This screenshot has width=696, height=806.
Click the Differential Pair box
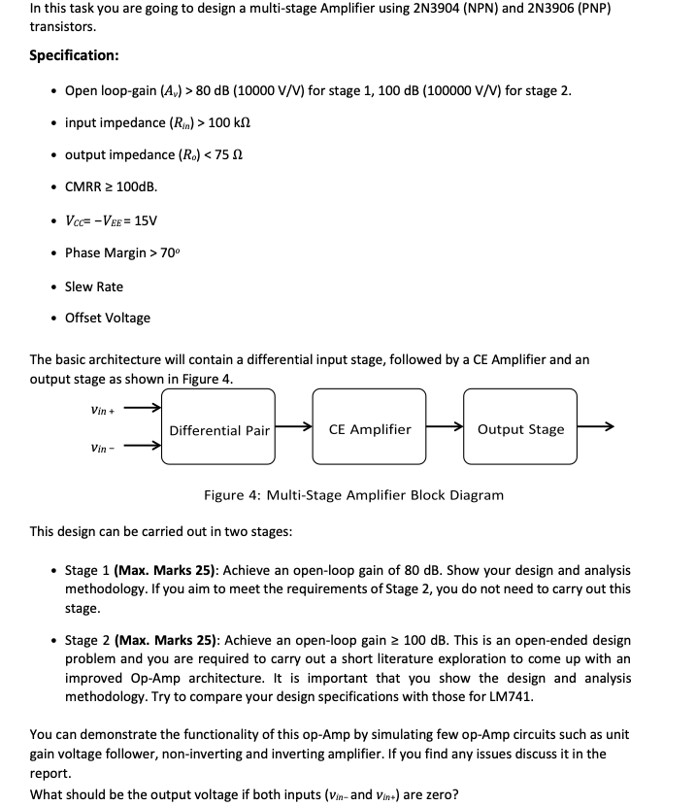coord(218,429)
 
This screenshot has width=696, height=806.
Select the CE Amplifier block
coord(370,429)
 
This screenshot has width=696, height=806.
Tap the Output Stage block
coord(520,429)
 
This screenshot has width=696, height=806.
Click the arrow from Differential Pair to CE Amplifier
coord(294,428)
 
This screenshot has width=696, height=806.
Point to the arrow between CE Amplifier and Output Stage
coord(445,428)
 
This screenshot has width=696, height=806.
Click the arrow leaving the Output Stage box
coord(596,428)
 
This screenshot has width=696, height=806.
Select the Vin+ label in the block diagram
coord(102,410)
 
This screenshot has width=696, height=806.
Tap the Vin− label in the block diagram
coord(102,448)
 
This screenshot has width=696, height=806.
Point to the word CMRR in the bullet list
coord(84,186)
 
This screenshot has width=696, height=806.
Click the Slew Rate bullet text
coord(94,286)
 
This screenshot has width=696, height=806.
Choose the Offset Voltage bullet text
coord(108,318)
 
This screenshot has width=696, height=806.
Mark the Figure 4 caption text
coord(353,495)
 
